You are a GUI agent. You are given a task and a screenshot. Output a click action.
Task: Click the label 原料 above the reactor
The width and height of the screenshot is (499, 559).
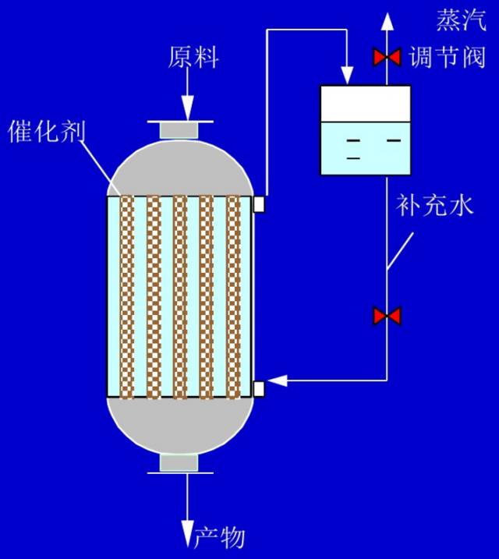[193, 57]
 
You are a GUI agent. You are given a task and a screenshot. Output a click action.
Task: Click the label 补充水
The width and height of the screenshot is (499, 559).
[434, 206]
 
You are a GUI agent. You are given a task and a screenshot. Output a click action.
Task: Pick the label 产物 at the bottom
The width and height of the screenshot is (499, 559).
[220, 537]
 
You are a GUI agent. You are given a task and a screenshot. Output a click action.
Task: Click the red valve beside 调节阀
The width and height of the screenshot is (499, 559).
[387, 57]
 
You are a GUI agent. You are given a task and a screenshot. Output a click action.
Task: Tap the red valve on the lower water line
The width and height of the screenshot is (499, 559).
[387, 316]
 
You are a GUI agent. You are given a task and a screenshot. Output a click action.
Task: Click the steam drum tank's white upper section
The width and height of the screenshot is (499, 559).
[366, 103]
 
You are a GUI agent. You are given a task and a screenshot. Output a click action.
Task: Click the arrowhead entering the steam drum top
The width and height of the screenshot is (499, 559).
[345, 76]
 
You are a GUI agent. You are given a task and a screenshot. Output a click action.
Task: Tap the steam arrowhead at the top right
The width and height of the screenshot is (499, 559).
[388, 16]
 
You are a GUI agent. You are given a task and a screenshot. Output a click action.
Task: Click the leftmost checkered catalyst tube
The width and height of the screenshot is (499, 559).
[128, 296]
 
